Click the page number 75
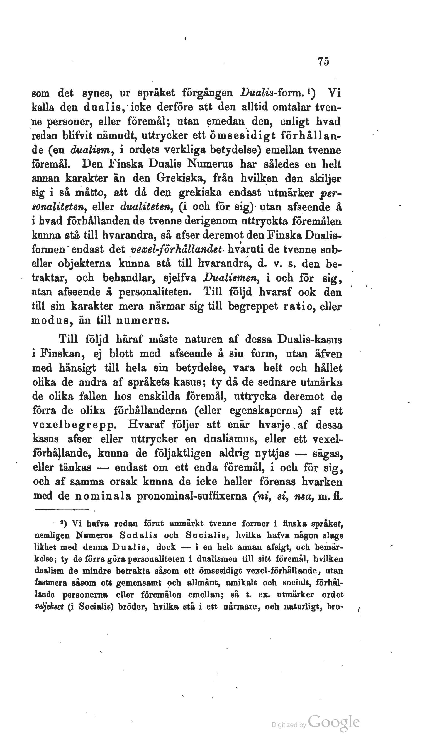point(323,61)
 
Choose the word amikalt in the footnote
point(240,583)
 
